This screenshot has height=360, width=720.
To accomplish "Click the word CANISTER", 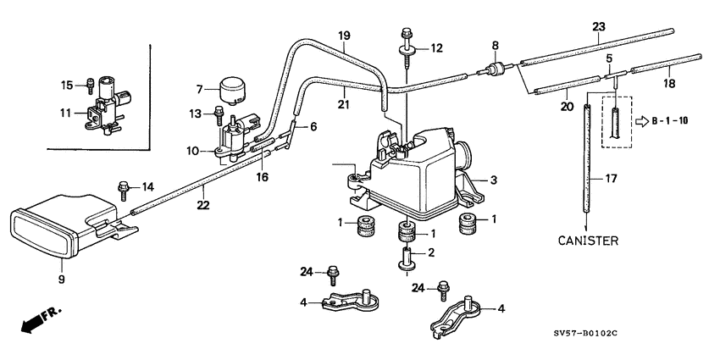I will click(587, 241).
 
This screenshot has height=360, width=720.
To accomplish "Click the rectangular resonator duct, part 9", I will click(64, 226).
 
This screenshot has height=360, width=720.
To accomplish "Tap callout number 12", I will click(436, 48).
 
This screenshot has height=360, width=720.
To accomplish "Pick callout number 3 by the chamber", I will click(495, 180).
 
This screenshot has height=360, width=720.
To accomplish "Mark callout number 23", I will click(598, 27).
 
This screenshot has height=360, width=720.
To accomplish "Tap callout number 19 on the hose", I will click(344, 36).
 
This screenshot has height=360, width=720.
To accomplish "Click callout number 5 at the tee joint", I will click(608, 58).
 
